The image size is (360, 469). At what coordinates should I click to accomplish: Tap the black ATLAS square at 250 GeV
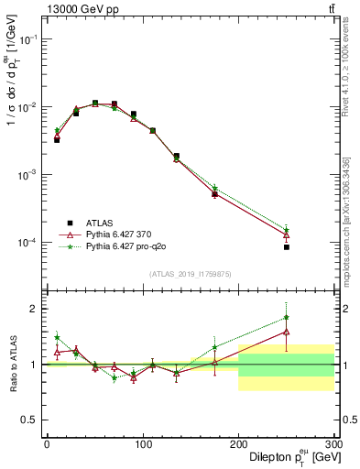(x=287, y=247)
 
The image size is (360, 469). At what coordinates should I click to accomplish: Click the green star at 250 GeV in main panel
(x=287, y=230)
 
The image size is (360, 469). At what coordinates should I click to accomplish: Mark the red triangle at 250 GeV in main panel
(x=287, y=235)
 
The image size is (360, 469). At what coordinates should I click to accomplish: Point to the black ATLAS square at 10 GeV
(x=57, y=140)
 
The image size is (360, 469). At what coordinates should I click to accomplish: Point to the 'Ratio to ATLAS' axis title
(x=12, y=364)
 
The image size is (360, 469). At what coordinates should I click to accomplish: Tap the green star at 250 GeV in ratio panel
(x=287, y=318)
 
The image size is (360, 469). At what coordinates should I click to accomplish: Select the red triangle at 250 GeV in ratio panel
(x=287, y=332)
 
